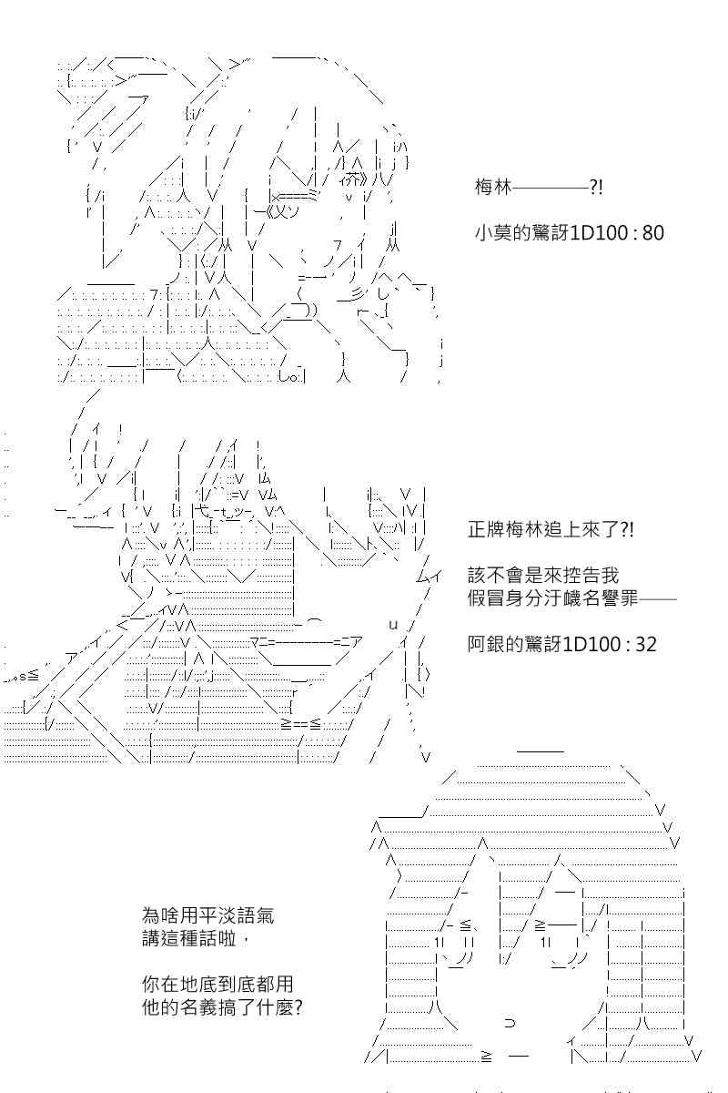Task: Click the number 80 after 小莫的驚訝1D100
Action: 653,233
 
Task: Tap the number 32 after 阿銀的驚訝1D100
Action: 646,645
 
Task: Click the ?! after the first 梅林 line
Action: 596,188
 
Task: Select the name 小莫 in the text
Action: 493,233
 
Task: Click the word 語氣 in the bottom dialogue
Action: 256,915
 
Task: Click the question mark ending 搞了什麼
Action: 298,1007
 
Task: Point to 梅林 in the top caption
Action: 493,188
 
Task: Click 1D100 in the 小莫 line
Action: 599,233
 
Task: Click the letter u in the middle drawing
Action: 393,625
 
